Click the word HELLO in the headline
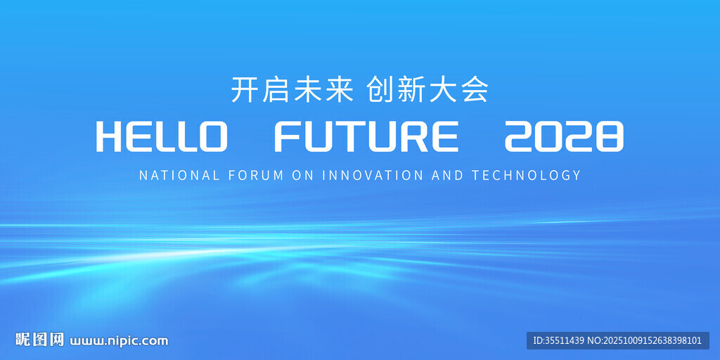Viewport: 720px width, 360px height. click(x=162, y=137)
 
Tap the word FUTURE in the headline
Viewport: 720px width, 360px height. click(x=366, y=137)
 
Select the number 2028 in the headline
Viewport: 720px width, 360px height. click(x=565, y=137)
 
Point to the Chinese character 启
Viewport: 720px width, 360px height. click(x=276, y=89)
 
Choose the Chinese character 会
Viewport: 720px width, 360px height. click(x=474, y=89)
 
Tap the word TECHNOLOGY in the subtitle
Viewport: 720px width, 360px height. click(x=526, y=175)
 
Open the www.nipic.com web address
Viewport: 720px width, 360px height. click(x=119, y=341)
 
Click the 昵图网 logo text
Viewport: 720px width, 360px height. click(x=39, y=340)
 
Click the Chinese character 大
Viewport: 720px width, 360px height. click(x=443, y=89)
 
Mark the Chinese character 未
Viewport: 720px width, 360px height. click(x=307, y=89)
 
